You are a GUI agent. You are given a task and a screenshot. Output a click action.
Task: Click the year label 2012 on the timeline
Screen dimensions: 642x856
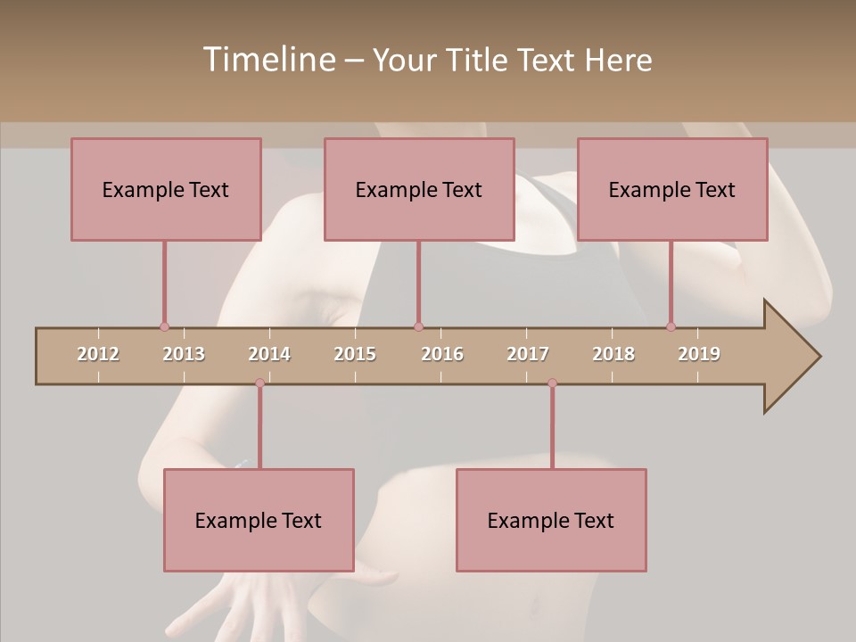[x=98, y=354]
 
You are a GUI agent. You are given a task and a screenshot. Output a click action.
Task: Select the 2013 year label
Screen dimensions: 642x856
[x=184, y=354]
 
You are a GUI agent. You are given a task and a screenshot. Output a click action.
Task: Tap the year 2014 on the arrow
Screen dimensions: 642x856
[x=269, y=354]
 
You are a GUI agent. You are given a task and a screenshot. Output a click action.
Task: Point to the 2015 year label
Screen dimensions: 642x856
[x=355, y=354]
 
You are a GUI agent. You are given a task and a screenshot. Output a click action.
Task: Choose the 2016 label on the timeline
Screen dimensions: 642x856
[x=442, y=354]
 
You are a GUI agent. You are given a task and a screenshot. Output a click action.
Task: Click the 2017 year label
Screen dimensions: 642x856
[x=528, y=354]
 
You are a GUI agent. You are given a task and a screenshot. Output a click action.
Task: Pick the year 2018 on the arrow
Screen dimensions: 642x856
[x=613, y=354]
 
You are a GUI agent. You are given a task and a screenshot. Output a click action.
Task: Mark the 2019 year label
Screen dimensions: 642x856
[x=699, y=354]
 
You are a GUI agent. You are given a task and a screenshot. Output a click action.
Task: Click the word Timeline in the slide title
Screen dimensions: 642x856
[x=268, y=60]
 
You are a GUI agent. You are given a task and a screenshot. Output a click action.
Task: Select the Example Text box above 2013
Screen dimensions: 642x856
[x=166, y=189]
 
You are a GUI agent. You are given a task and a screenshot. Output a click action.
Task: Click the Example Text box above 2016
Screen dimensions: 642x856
[x=419, y=189]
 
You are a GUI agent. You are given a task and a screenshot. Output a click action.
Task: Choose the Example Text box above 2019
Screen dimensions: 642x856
[x=672, y=189]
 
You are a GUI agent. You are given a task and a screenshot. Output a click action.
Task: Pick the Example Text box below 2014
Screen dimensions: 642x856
[x=259, y=520]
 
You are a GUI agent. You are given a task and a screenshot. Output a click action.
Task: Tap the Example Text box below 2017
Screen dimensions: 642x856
[x=551, y=520]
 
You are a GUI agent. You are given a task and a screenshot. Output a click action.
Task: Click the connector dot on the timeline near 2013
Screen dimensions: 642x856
[x=164, y=326]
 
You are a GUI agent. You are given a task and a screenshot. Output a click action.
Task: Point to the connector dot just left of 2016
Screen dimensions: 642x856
[x=418, y=326]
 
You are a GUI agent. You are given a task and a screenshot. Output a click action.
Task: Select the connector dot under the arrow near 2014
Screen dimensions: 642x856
[x=259, y=383]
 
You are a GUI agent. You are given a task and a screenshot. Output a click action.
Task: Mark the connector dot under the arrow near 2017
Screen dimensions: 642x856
[x=552, y=383]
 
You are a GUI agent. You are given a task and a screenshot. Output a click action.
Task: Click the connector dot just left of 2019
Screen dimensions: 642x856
[x=671, y=326]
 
